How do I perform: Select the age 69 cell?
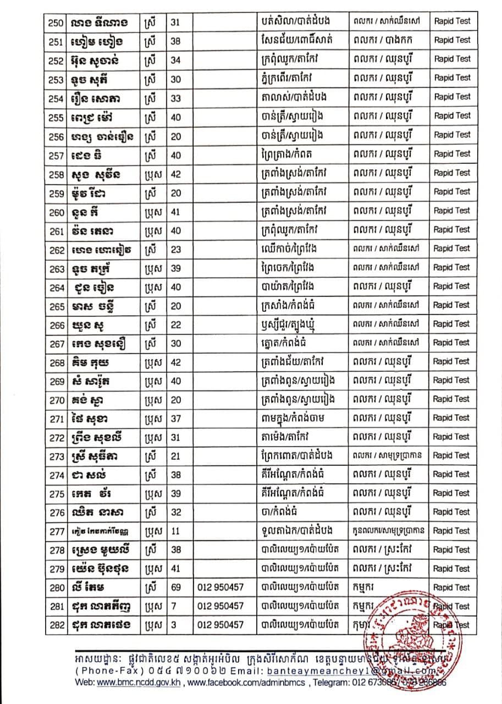[176, 587]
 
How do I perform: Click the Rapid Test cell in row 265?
[452, 305]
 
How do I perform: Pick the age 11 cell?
[176, 531]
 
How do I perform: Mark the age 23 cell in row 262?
[176, 248]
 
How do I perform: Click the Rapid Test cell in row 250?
[452, 22]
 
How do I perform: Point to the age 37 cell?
[176, 417]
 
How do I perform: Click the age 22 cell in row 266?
[176, 323]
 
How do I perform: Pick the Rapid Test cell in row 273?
[452, 455]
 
